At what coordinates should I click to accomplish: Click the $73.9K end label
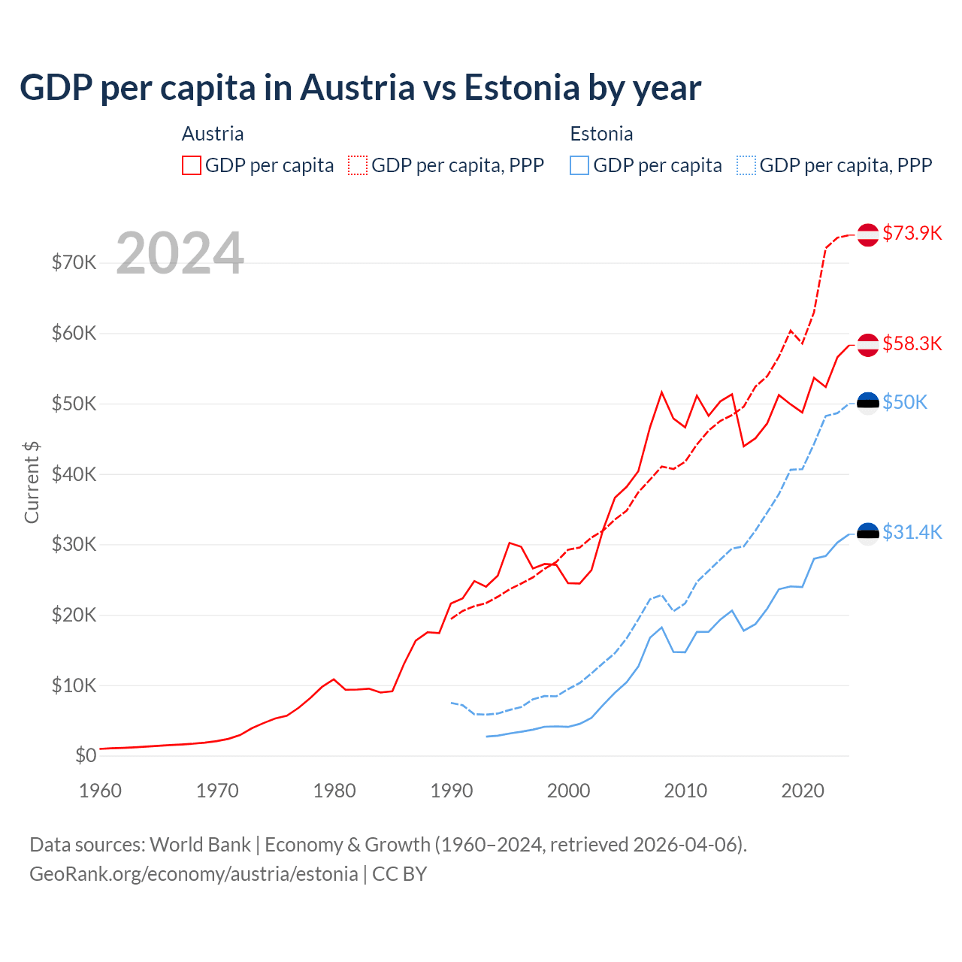coord(912,233)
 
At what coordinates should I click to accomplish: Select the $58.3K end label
coord(912,343)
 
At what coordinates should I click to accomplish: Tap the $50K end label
coord(905,402)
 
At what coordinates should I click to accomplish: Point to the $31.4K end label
coord(912,532)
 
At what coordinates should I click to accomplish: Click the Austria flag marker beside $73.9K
coord(868,234)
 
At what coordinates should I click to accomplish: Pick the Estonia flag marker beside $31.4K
coord(868,534)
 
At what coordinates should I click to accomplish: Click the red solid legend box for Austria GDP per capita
coord(192,165)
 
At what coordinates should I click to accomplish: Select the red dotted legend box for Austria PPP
coord(358,165)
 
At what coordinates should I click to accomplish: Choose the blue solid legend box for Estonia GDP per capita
coord(579,165)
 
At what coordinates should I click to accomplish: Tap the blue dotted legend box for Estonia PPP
coord(746,165)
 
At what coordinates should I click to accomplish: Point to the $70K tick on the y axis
coord(74,262)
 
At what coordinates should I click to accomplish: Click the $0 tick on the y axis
coord(86,755)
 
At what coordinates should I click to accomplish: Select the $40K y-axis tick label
coord(74,474)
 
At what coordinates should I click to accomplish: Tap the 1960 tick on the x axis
coord(100,791)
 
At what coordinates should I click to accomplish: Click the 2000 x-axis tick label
coord(568,791)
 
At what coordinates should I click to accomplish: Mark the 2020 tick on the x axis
coord(803,791)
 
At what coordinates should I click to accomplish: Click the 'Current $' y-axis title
coord(32,482)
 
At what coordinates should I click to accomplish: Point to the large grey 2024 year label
coord(180,253)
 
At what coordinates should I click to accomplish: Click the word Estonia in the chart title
coord(522,87)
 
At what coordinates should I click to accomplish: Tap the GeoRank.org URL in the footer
coord(194,874)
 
